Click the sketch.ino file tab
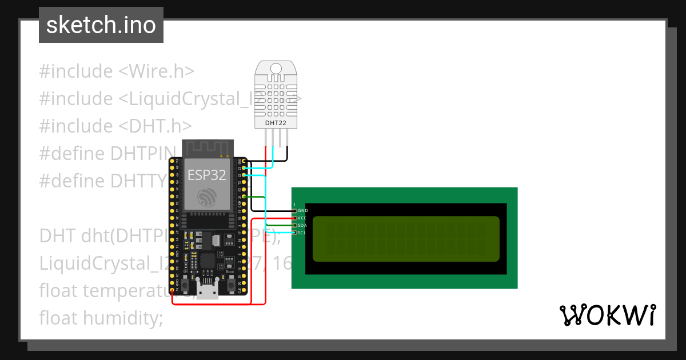(x=101, y=25)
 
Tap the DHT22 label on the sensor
(x=276, y=123)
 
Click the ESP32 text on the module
(x=206, y=175)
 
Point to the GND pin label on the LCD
(x=303, y=211)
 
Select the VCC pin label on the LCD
(x=302, y=218)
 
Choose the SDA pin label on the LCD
(x=302, y=226)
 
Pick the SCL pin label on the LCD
(x=302, y=233)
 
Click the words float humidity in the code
(x=101, y=318)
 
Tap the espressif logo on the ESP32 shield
(x=206, y=197)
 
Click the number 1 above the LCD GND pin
(x=294, y=205)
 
